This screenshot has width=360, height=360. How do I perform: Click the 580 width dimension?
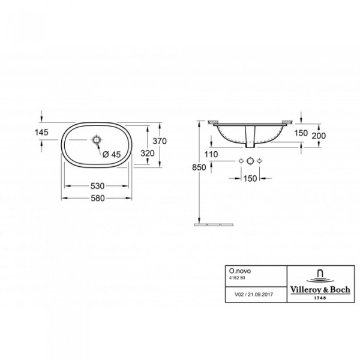pos(98,199)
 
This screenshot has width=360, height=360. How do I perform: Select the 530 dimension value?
pos(98,187)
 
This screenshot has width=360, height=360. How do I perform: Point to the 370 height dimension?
pos(159,142)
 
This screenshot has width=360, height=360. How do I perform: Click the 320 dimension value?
pos(148,153)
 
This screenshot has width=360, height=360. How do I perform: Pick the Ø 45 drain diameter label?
pos(112,154)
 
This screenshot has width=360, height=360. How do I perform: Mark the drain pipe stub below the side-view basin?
pos(250,140)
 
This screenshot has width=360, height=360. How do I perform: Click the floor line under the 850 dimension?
pos(214,224)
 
